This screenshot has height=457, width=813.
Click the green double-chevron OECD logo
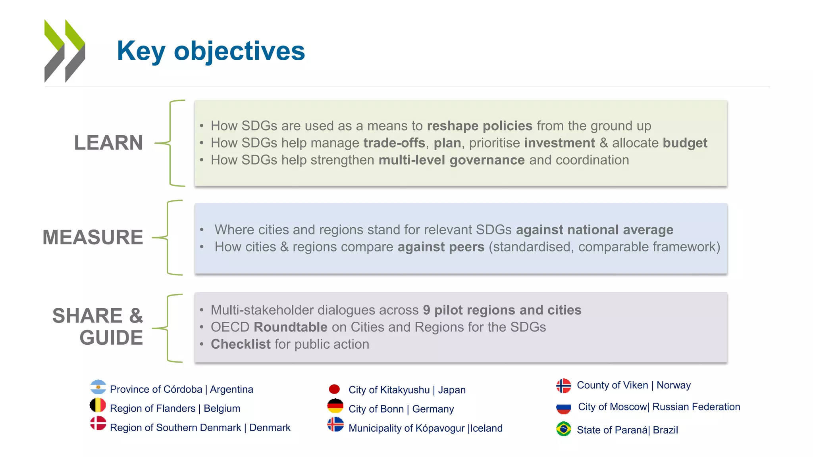(x=65, y=51)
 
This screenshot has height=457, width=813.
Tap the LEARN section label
(x=108, y=143)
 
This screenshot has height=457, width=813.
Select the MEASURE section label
(x=92, y=237)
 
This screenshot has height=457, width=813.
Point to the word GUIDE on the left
(x=111, y=338)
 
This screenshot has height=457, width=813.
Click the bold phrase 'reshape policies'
(x=479, y=126)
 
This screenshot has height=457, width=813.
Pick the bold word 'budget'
(x=685, y=143)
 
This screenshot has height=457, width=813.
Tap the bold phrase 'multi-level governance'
(x=451, y=160)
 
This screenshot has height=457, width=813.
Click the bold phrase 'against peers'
(x=441, y=247)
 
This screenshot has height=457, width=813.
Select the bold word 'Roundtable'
(x=290, y=327)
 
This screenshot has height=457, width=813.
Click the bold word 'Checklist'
(x=240, y=344)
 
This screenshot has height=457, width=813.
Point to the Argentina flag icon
(x=98, y=387)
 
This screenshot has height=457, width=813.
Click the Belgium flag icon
(x=98, y=405)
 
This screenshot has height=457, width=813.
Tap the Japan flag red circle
(x=334, y=389)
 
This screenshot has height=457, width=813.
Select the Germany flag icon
(x=335, y=406)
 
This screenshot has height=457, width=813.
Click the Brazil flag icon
(x=563, y=429)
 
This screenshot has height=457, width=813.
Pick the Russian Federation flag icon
(x=563, y=407)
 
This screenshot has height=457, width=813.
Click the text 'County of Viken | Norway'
(x=634, y=385)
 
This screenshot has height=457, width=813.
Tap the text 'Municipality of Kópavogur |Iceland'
(x=425, y=428)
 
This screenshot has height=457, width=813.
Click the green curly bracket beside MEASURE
(x=168, y=237)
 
